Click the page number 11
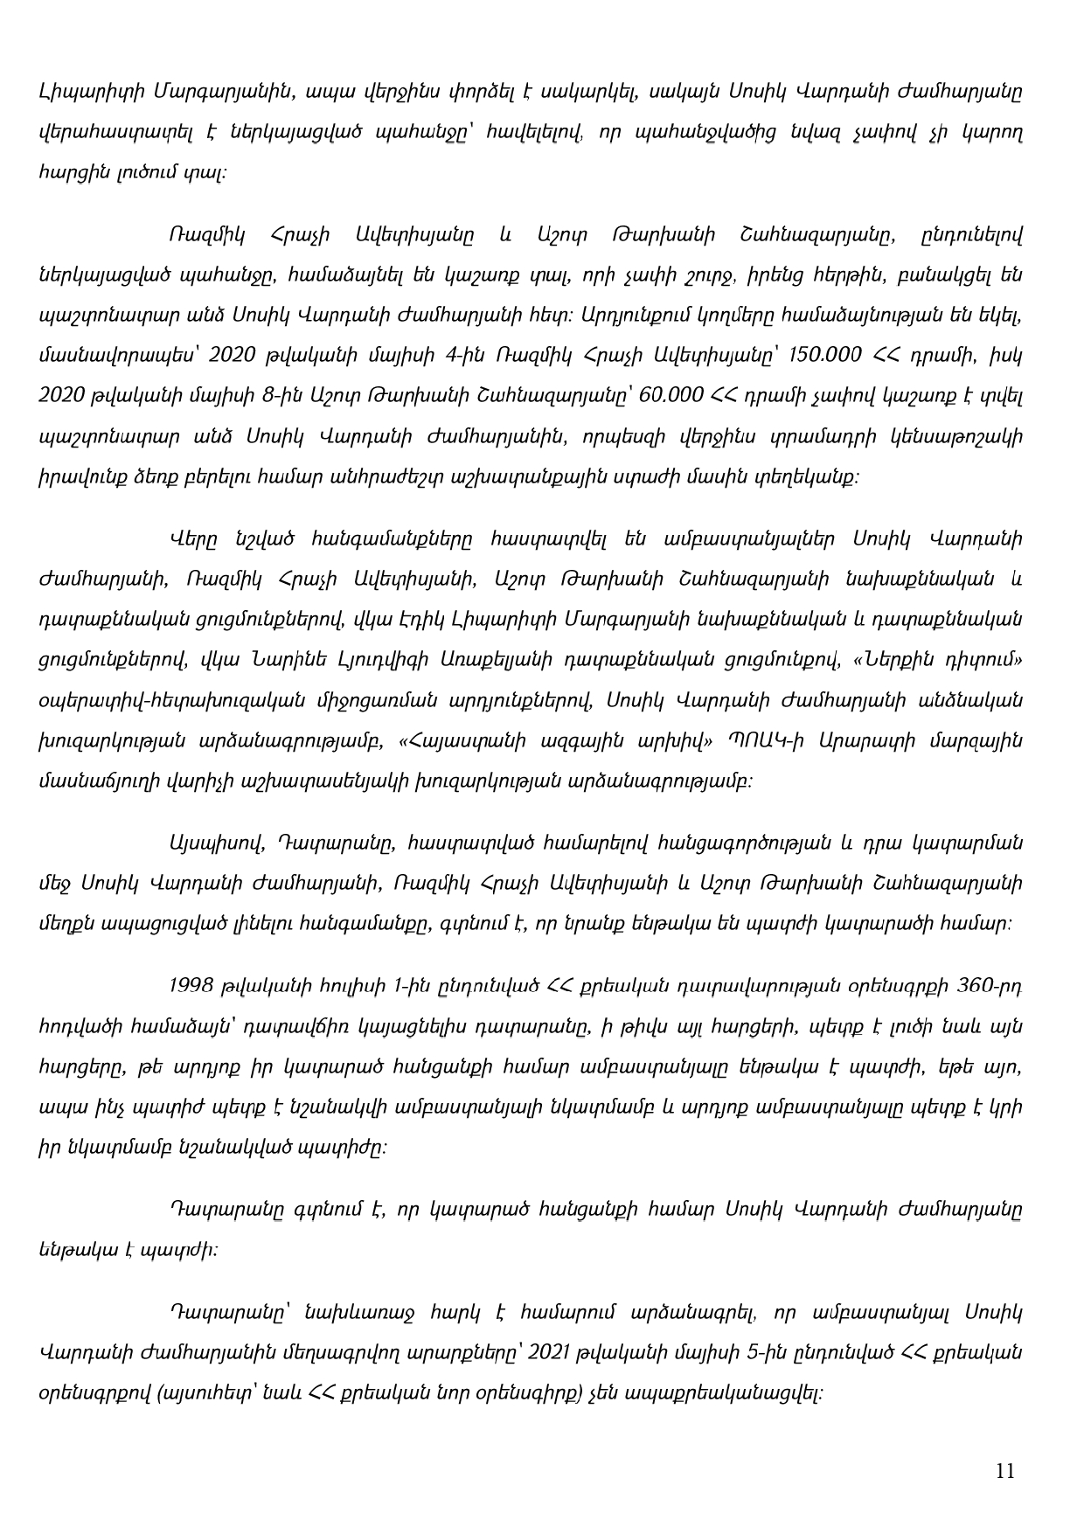[x=1005, y=1471]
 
